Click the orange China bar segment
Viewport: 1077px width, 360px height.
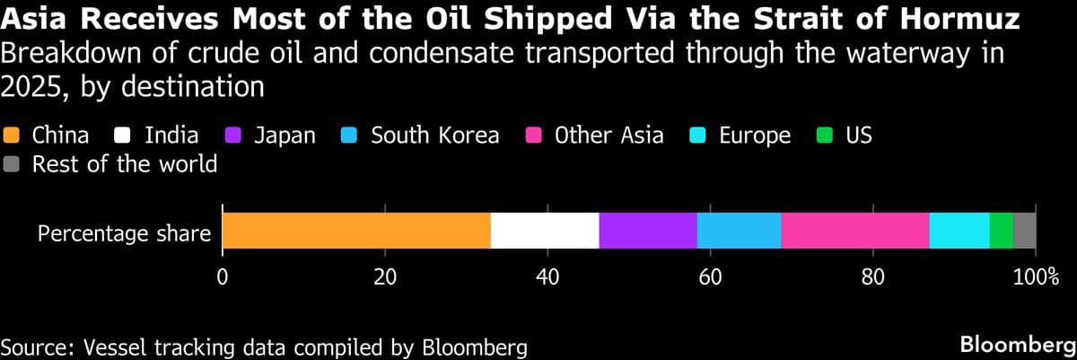tap(356, 231)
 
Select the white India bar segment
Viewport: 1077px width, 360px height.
tap(545, 231)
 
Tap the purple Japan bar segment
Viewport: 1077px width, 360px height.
tap(648, 231)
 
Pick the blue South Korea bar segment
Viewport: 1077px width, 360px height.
tap(739, 231)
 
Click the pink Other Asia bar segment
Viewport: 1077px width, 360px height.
tap(855, 231)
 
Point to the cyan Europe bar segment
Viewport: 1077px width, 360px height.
tap(959, 231)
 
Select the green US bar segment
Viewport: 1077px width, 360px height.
tap(1002, 231)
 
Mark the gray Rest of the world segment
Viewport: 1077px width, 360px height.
tap(1025, 231)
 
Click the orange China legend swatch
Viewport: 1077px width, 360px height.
tap(12, 136)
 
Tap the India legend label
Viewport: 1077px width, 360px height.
tap(171, 136)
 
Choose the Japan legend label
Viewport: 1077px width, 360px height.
tap(285, 136)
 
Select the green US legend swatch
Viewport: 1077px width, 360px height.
tap(825, 136)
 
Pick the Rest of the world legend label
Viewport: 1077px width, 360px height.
tap(125, 164)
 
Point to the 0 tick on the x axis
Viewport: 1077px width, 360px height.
tap(222, 277)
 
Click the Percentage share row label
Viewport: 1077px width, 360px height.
tap(124, 235)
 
